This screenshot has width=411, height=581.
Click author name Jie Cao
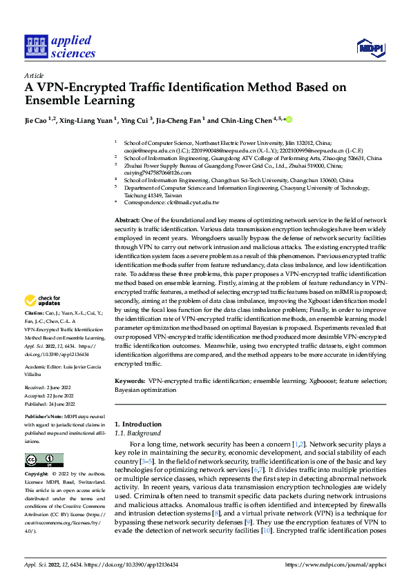click(36, 120)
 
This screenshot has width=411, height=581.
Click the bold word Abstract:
click(129, 219)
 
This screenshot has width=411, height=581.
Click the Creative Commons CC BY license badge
click(44, 460)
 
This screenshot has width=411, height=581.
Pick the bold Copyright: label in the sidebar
click(37, 475)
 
